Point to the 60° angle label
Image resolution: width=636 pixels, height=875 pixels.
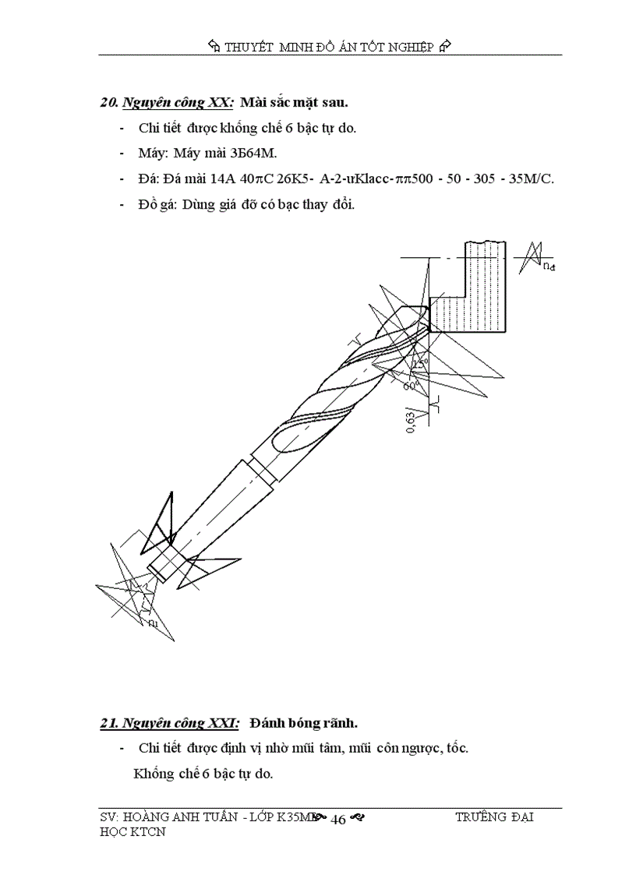click(412, 384)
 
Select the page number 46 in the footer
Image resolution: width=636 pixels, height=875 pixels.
click(338, 819)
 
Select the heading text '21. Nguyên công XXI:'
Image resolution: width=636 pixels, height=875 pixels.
click(170, 723)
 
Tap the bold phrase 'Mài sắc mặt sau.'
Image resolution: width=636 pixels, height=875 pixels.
click(294, 102)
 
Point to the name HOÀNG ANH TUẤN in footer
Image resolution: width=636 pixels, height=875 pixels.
click(178, 817)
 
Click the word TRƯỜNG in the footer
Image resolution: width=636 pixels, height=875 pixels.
click(479, 817)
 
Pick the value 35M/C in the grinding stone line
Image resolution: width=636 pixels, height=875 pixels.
click(530, 178)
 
